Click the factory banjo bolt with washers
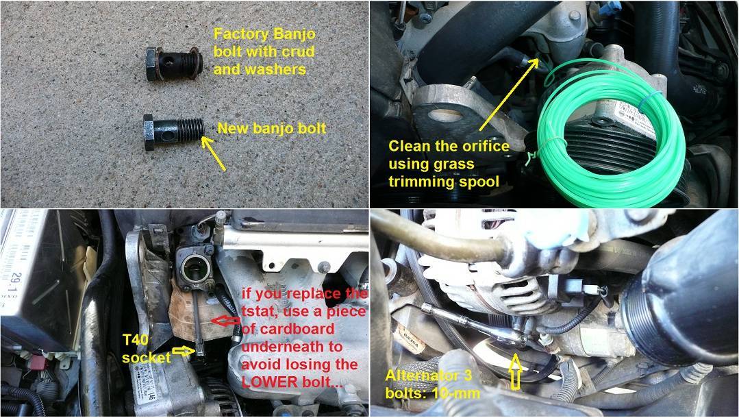click(174, 64)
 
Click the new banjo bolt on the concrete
click(174, 132)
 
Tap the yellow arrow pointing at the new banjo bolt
click(214, 153)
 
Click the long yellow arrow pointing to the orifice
click(509, 94)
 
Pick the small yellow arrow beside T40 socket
click(184, 351)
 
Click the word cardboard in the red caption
click(288, 330)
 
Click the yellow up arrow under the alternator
click(515, 372)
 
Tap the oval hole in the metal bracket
click(445, 114)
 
